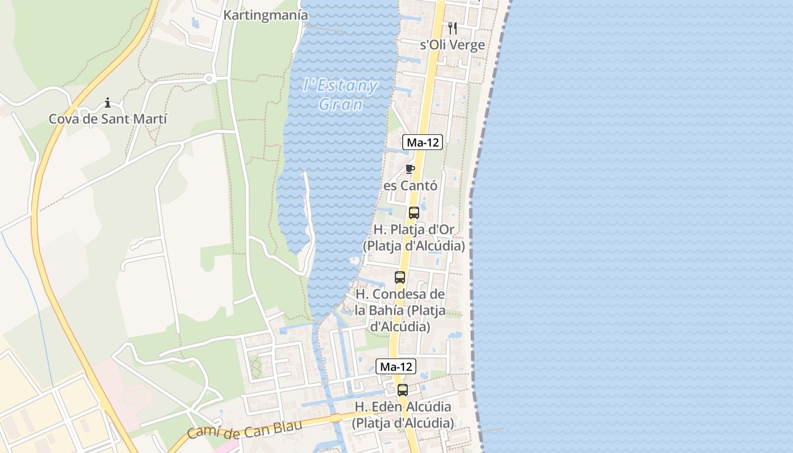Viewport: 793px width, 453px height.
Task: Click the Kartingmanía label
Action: point(266,15)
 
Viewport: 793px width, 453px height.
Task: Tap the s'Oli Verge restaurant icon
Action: point(452,28)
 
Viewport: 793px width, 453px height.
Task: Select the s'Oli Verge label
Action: point(452,45)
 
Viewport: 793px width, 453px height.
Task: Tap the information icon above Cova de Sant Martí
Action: point(108,102)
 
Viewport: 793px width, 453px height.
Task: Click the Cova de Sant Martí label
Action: point(108,119)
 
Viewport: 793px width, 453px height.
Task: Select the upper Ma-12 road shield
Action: point(422,143)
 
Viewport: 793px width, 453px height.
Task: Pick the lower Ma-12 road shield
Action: point(395,367)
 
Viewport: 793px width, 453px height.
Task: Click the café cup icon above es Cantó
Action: point(411,169)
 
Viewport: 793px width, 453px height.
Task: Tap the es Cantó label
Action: point(411,186)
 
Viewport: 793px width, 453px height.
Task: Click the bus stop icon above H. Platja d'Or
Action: point(414,213)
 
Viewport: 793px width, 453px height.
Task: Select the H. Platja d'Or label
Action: point(414,238)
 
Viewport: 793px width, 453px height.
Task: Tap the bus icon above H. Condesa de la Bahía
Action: point(400,277)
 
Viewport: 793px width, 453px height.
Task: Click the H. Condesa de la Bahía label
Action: point(400,310)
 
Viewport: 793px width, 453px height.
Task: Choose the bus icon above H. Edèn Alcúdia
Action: point(403,390)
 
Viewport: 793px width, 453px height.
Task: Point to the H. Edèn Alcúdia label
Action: point(403,414)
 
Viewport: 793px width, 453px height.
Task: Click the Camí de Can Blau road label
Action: point(244,431)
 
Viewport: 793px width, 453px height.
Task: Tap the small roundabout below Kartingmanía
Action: point(208,79)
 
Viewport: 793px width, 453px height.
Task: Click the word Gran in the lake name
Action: point(340,105)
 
